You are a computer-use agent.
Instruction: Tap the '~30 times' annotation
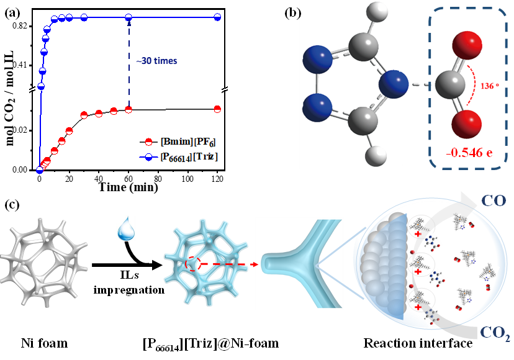pyautogui.click(x=157, y=61)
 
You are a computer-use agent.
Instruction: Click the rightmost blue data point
pyautogui.click(x=217, y=17)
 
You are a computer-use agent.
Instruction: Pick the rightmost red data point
pyautogui.click(x=217, y=109)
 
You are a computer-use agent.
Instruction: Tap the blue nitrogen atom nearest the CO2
pyautogui.click(x=394, y=84)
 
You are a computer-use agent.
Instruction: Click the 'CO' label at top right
pyautogui.click(x=494, y=200)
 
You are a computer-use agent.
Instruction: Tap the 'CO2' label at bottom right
pyautogui.click(x=495, y=333)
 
